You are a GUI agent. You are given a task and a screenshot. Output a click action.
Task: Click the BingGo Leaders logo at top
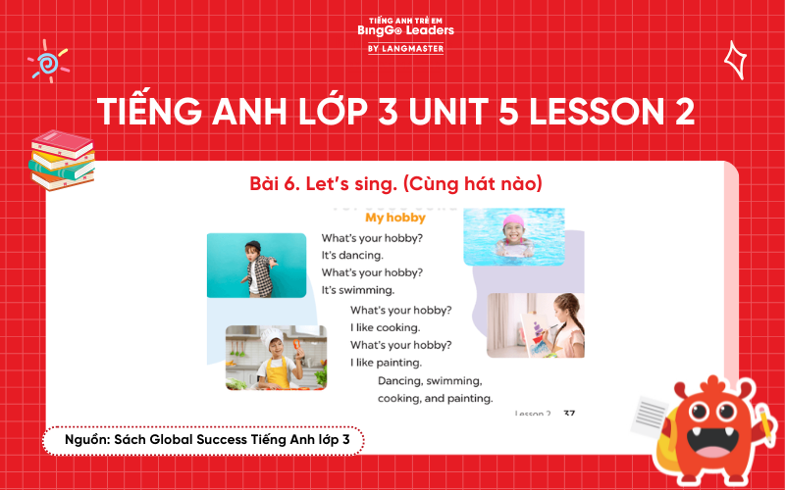[392, 35]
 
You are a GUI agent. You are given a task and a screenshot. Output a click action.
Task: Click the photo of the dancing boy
[256, 265]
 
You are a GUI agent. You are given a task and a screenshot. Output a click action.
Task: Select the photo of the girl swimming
[513, 236]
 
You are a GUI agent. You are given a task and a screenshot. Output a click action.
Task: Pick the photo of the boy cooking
[276, 357]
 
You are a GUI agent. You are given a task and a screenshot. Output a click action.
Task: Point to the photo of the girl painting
[535, 324]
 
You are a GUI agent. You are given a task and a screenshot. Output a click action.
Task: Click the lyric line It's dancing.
[352, 255]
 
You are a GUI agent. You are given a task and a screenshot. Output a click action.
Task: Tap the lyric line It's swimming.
[358, 290]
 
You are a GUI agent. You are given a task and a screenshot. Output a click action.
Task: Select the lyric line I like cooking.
[385, 327]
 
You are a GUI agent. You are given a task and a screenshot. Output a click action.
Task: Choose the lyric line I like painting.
[387, 363]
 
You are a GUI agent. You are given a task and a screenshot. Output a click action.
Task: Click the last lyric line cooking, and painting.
[435, 399]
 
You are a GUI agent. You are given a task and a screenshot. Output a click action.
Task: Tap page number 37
[569, 414]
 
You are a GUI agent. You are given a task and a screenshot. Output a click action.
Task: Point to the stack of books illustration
[61, 157]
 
